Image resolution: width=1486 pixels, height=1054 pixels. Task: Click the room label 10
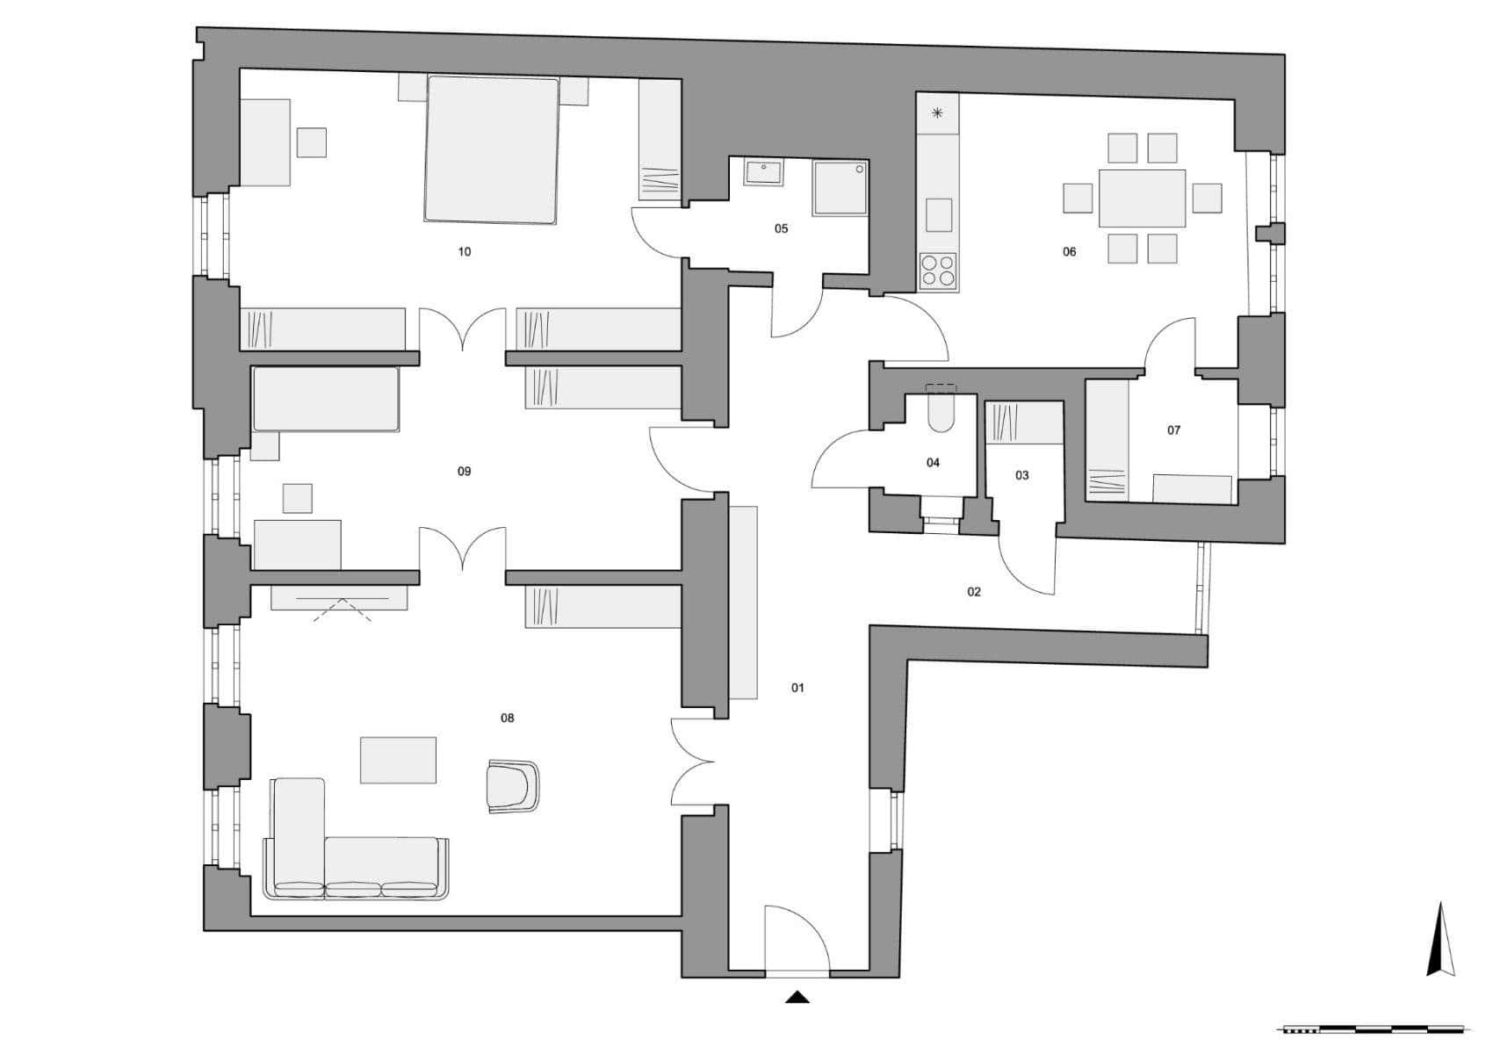click(465, 252)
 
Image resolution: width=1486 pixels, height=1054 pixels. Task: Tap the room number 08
click(508, 718)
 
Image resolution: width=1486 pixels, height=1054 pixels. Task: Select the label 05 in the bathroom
click(781, 229)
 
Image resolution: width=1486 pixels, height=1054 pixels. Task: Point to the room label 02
click(974, 592)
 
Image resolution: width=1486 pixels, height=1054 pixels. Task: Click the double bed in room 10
click(492, 149)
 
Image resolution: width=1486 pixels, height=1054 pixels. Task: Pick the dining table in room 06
click(1142, 198)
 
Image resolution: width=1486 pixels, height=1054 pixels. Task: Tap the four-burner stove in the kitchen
click(938, 271)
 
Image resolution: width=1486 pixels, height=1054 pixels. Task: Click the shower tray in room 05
click(841, 187)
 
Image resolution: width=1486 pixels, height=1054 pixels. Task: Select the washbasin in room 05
click(764, 172)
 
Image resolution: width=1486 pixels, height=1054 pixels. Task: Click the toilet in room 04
click(941, 411)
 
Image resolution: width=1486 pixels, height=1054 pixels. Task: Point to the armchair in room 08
click(512, 786)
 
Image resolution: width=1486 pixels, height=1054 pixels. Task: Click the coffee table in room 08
click(398, 760)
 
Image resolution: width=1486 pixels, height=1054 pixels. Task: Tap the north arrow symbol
click(1439, 940)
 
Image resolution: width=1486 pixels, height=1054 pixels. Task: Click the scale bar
click(1374, 1029)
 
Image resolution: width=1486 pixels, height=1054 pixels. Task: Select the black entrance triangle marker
click(797, 996)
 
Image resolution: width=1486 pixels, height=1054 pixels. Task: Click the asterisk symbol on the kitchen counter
click(938, 113)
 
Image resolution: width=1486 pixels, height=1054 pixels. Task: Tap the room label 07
click(1173, 430)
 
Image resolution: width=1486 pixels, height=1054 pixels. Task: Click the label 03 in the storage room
click(1021, 476)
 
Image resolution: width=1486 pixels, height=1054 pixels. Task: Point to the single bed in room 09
click(326, 399)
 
